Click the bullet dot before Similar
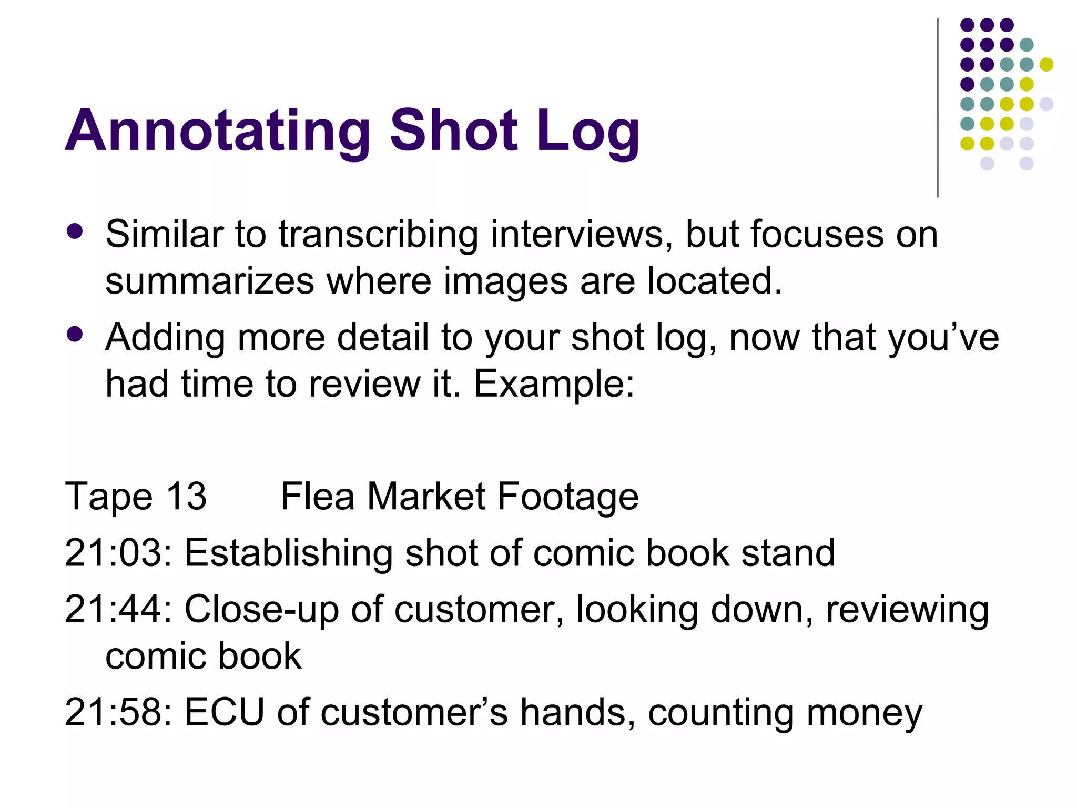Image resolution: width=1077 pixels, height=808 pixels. pos(75,231)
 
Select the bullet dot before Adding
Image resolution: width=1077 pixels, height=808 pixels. pos(75,334)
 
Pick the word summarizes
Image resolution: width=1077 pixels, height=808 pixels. pos(209,281)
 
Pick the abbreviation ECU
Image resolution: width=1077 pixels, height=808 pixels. pos(224,712)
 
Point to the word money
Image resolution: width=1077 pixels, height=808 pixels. pos(865,713)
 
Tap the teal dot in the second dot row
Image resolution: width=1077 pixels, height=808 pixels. pos(1027,45)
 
